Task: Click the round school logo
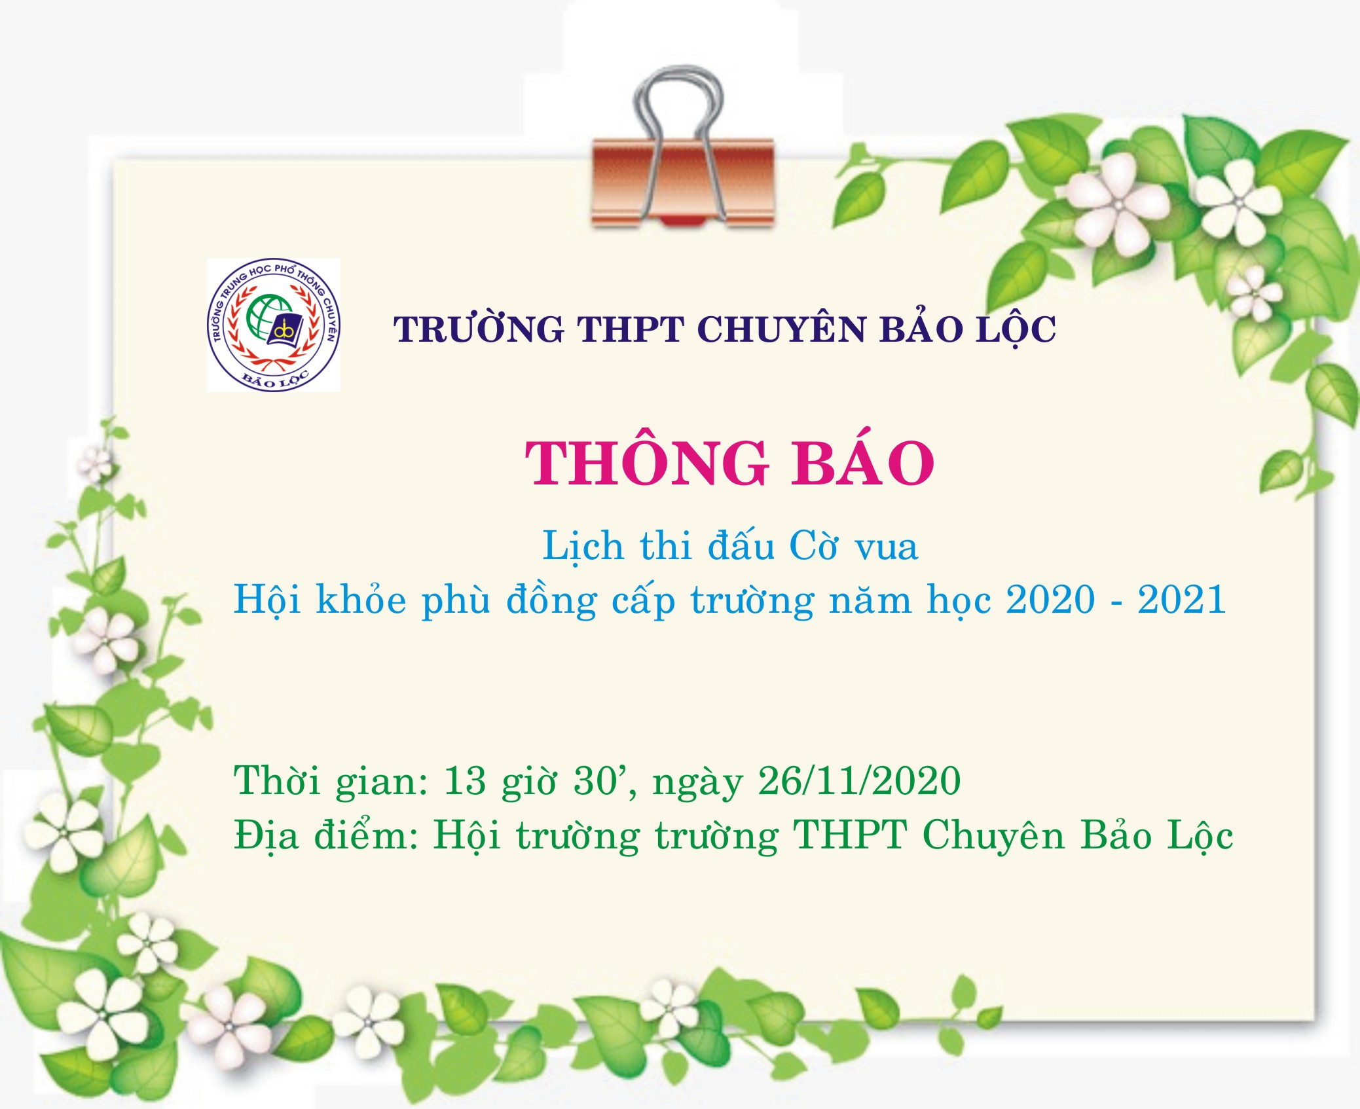274,325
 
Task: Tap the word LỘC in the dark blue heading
1016,329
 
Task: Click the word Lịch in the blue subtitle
583,545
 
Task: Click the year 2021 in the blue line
1182,599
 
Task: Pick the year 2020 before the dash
1050,599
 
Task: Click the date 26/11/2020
859,780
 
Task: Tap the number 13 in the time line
465,780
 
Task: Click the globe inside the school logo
268,318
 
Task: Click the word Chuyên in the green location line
993,835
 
